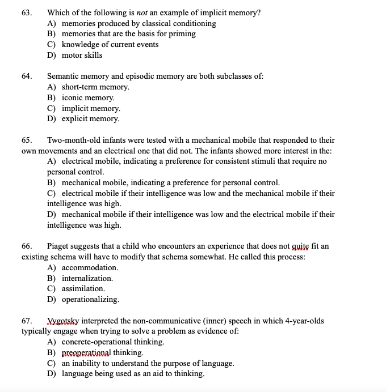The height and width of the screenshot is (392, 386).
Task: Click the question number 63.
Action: pos(26,12)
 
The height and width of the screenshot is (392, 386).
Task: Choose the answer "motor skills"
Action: pos(82,55)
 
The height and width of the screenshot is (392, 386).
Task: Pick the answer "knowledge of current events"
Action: pos(110,44)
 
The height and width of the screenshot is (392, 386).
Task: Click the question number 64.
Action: pos(26,76)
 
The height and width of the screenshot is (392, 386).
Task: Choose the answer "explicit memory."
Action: pos(90,118)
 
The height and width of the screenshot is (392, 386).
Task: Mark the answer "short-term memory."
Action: pos(95,87)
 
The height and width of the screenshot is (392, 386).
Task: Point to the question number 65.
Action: pos(26,140)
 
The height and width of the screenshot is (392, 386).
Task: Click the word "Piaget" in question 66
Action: pos(60,246)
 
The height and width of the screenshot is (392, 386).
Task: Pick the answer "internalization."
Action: pos(87,278)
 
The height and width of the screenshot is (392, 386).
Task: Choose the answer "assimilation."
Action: pos(83,288)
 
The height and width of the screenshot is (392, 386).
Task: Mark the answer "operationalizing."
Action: pos(90,299)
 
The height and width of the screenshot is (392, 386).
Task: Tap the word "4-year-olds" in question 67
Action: pos(305,321)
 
